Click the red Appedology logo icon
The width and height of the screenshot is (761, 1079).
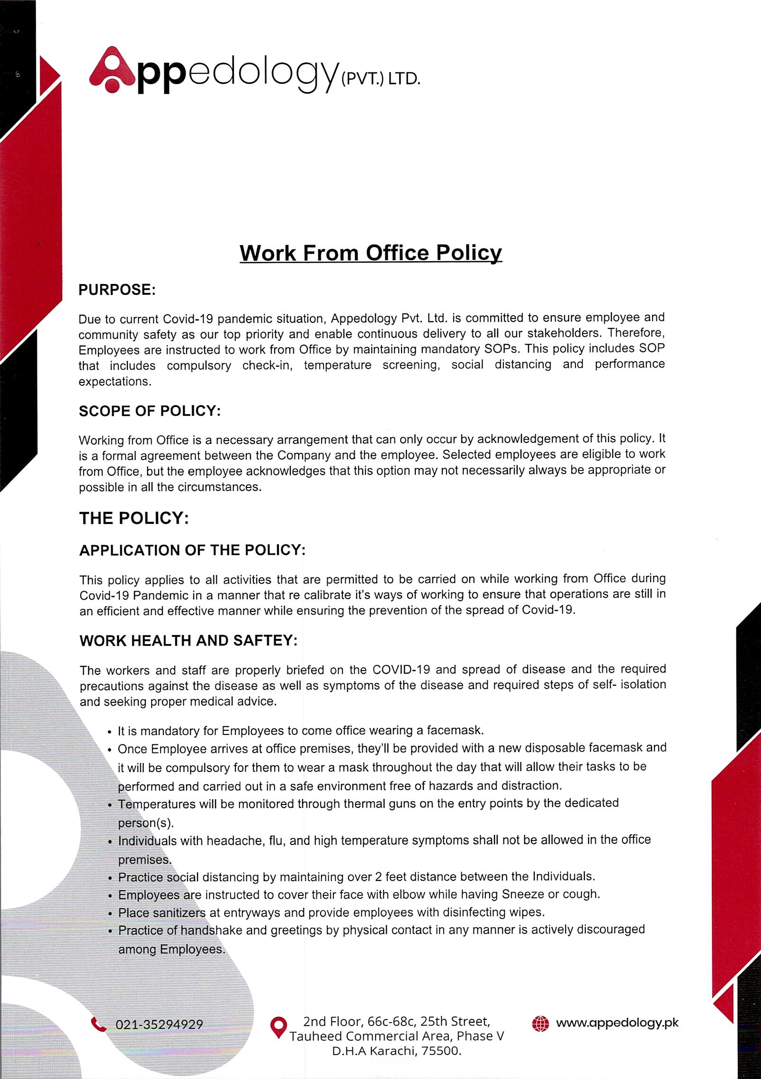112,70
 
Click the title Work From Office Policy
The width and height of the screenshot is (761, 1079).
370,253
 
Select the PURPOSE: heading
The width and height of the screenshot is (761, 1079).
117,290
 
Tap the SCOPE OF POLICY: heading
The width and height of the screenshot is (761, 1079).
150,411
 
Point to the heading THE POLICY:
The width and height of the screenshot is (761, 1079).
134,518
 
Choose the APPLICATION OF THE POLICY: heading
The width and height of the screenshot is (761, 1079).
192,550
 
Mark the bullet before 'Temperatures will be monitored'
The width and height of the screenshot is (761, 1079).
110,805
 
